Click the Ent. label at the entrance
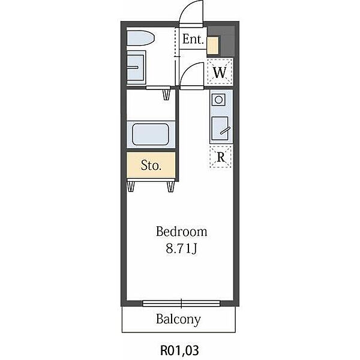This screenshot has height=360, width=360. coord(193,39)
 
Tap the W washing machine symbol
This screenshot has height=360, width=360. coord(220,71)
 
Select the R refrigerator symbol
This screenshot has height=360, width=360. coord(221,157)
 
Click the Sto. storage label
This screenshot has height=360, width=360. coord(151,165)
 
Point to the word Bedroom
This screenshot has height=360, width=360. coord(182,232)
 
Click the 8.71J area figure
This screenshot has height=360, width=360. coord(181,248)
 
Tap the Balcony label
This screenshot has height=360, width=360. coord(178,319)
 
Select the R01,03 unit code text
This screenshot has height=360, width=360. coord(179,350)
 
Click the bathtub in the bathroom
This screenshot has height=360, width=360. coord(151,134)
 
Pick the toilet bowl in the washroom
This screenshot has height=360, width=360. coord(140,38)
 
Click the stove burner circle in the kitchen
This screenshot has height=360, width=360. coord(218,100)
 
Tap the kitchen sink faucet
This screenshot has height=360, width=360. coord(225,131)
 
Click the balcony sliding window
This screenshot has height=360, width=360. coord(181,303)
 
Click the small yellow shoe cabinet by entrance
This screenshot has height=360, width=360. coord(212,46)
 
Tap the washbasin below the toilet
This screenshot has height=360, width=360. coord(136,67)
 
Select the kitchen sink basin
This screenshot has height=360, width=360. coord(220,128)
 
